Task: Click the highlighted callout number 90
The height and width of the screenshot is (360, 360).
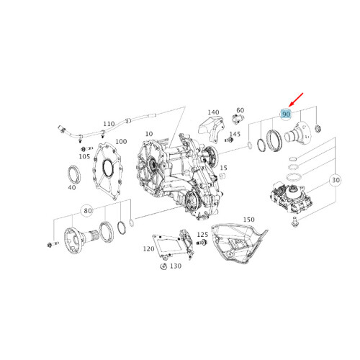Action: (x=286, y=114)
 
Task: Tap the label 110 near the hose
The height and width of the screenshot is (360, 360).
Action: (x=109, y=124)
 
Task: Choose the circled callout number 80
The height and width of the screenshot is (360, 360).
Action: (x=88, y=211)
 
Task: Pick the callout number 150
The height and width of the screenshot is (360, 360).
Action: (x=249, y=218)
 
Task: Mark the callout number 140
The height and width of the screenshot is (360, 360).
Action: (x=213, y=112)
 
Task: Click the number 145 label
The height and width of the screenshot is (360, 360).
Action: (x=235, y=134)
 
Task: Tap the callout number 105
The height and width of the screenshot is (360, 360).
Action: (x=85, y=156)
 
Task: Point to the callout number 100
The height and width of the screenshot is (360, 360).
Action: (x=121, y=142)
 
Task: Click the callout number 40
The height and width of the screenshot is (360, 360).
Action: (x=72, y=187)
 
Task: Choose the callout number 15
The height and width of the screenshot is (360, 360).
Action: (x=224, y=167)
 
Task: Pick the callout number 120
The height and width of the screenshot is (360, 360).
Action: (x=148, y=249)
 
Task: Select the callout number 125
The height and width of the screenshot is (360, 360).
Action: (x=202, y=235)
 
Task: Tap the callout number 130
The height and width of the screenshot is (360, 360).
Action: (x=175, y=266)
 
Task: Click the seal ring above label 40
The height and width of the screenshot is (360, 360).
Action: (x=73, y=173)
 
